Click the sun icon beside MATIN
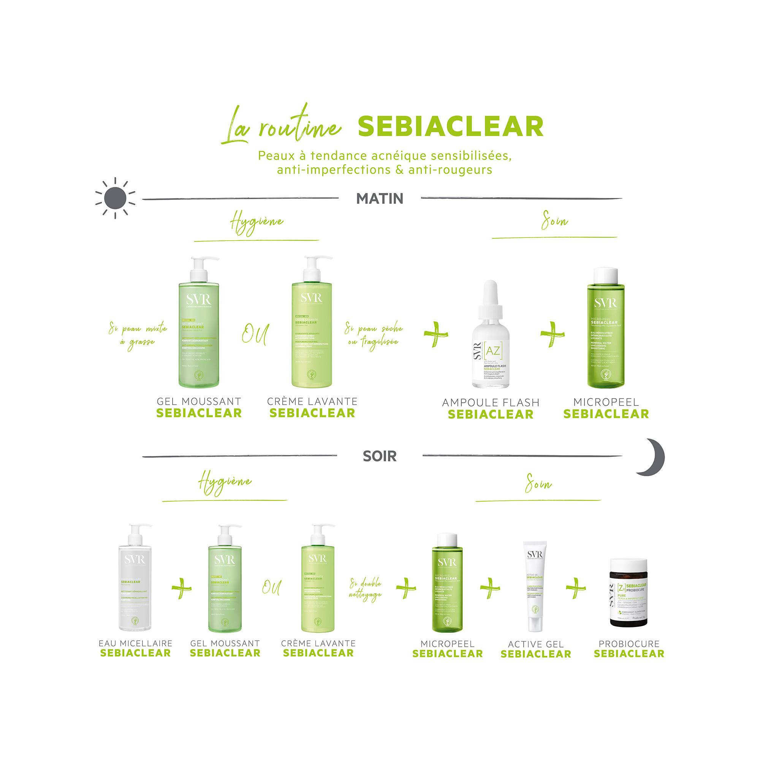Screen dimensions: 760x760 [115, 198]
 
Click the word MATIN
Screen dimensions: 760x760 [380, 199]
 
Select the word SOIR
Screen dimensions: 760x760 [380, 456]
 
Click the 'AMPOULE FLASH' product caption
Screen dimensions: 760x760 [490, 402]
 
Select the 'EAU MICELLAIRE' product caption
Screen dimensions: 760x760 [135, 643]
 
